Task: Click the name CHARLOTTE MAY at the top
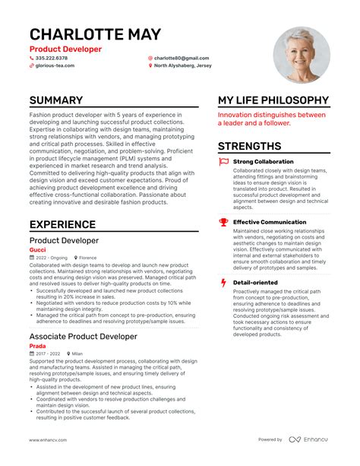point(95,34)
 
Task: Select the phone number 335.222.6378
point(51,58)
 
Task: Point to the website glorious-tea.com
point(55,65)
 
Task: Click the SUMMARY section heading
point(56,100)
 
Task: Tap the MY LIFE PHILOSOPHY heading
point(273,100)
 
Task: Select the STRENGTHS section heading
point(249,146)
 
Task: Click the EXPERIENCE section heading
point(62,224)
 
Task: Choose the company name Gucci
point(37,249)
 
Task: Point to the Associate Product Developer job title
point(83,335)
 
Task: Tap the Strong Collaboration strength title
point(263,162)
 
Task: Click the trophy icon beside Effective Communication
point(223,222)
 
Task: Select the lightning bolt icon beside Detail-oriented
point(223,283)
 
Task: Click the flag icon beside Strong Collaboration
point(223,162)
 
